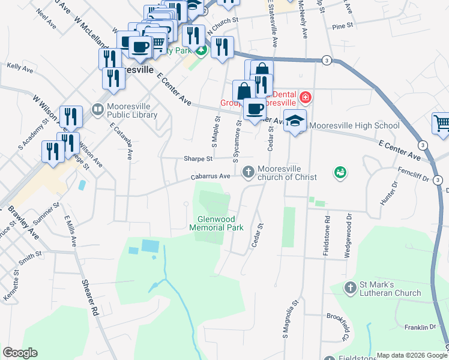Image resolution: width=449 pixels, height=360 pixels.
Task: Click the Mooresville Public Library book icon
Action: [97, 110]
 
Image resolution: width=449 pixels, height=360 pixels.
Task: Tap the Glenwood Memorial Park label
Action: [216, 223]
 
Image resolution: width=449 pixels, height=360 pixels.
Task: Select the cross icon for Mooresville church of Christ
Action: [248, 173]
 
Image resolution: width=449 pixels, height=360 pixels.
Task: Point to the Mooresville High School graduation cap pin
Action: [295, 121]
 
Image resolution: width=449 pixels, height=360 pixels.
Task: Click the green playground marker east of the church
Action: [340, 173]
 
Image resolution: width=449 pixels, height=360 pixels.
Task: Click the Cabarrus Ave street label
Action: [211, 177]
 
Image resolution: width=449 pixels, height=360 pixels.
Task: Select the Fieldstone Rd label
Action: [326, 237]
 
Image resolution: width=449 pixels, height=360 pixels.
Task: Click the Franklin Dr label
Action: [420, 327]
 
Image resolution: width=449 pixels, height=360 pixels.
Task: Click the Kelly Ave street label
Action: [19, 68]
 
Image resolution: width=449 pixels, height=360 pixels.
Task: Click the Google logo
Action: [20, 353]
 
